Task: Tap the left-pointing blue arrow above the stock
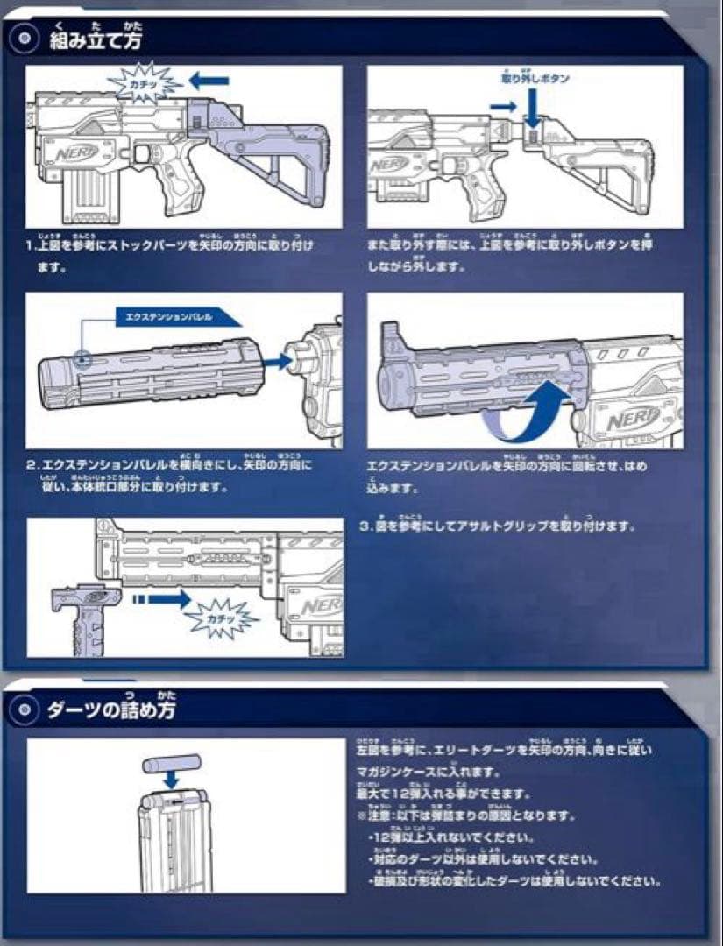(x=209, y=81)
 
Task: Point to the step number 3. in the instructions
(x=366, y=526)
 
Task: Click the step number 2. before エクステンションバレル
(x=32, y=465)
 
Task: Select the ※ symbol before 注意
(x=361, y=815)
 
